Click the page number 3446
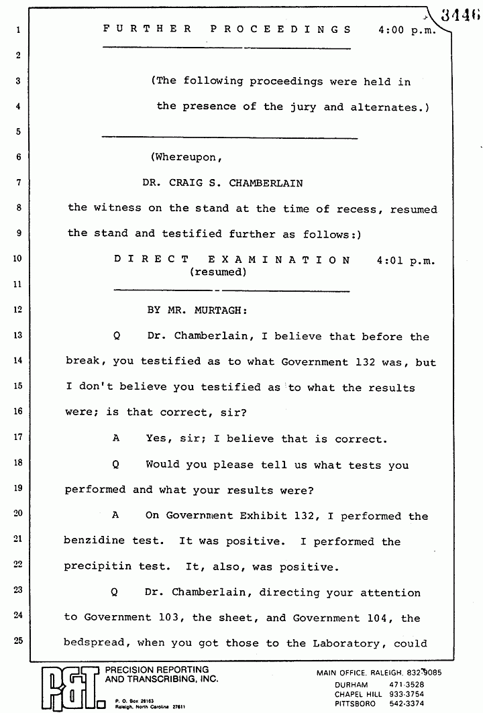pos(461,14)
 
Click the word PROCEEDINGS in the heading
pos(282,30)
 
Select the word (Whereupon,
pos(185,158)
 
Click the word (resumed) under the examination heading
pos(218,272)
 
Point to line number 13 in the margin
pos(18,335)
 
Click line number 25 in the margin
pos(18,641)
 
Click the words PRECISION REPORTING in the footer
pos(154,669)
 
